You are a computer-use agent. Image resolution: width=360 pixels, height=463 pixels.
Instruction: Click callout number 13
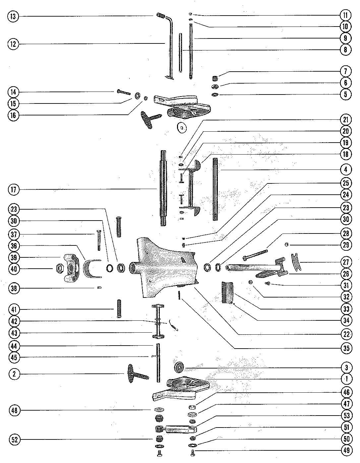[13, 16]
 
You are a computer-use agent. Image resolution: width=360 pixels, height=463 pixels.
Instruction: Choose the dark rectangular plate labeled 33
[227, 292]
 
